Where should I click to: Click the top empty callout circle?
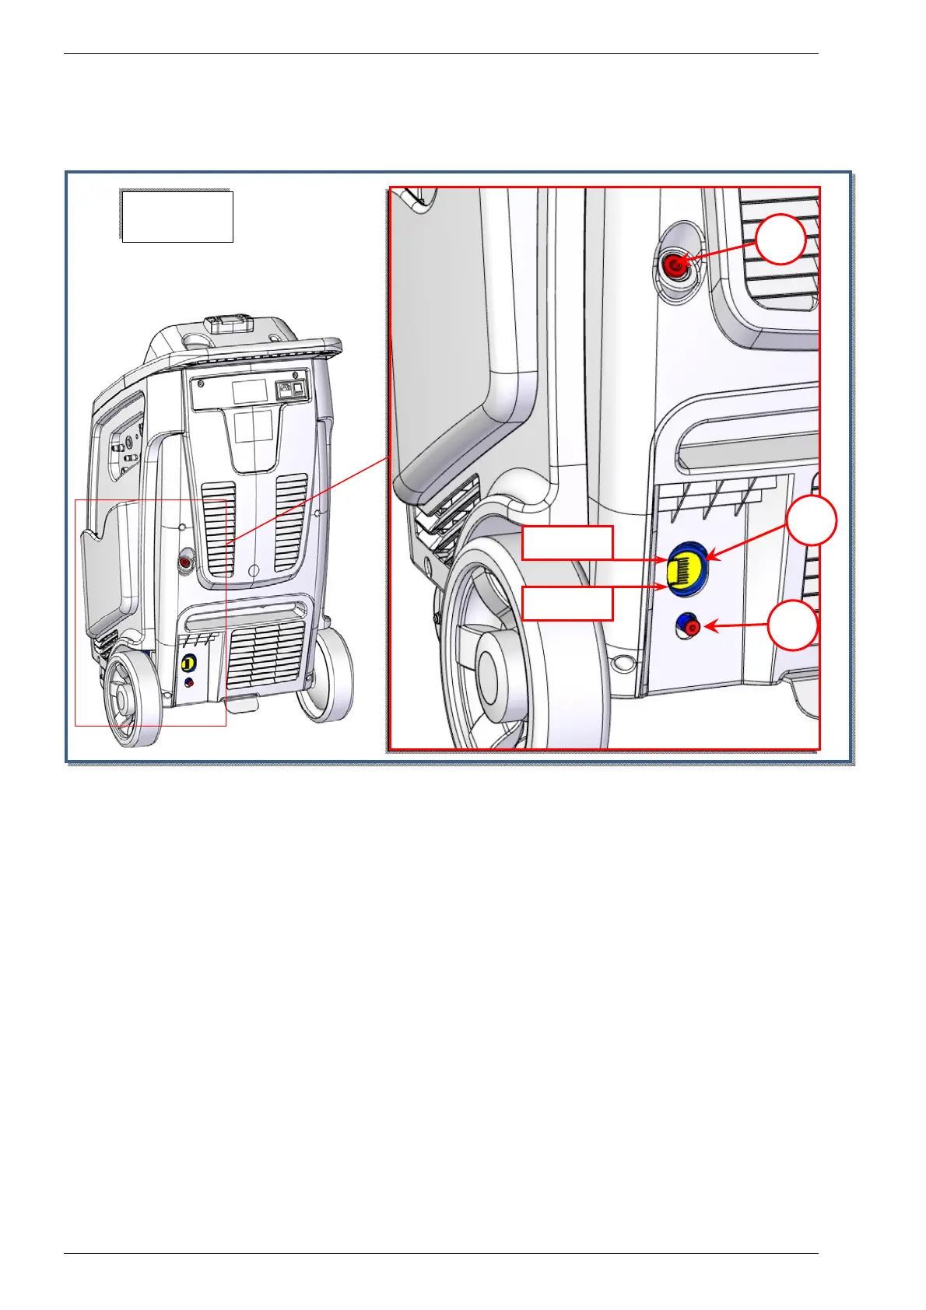click(780, 240)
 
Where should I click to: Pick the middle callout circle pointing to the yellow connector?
click(812, 520)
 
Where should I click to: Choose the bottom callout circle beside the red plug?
click(793, 625)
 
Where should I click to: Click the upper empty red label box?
click(567, 543)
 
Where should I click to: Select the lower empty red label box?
click(567, 604)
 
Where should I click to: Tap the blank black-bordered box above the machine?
click(177, 216)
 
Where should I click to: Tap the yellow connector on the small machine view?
click(188, 664)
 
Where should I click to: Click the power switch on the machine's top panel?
click(296, 391)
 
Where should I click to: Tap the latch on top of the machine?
click(227, 324)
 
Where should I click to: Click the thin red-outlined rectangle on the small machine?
click(150, 612)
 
